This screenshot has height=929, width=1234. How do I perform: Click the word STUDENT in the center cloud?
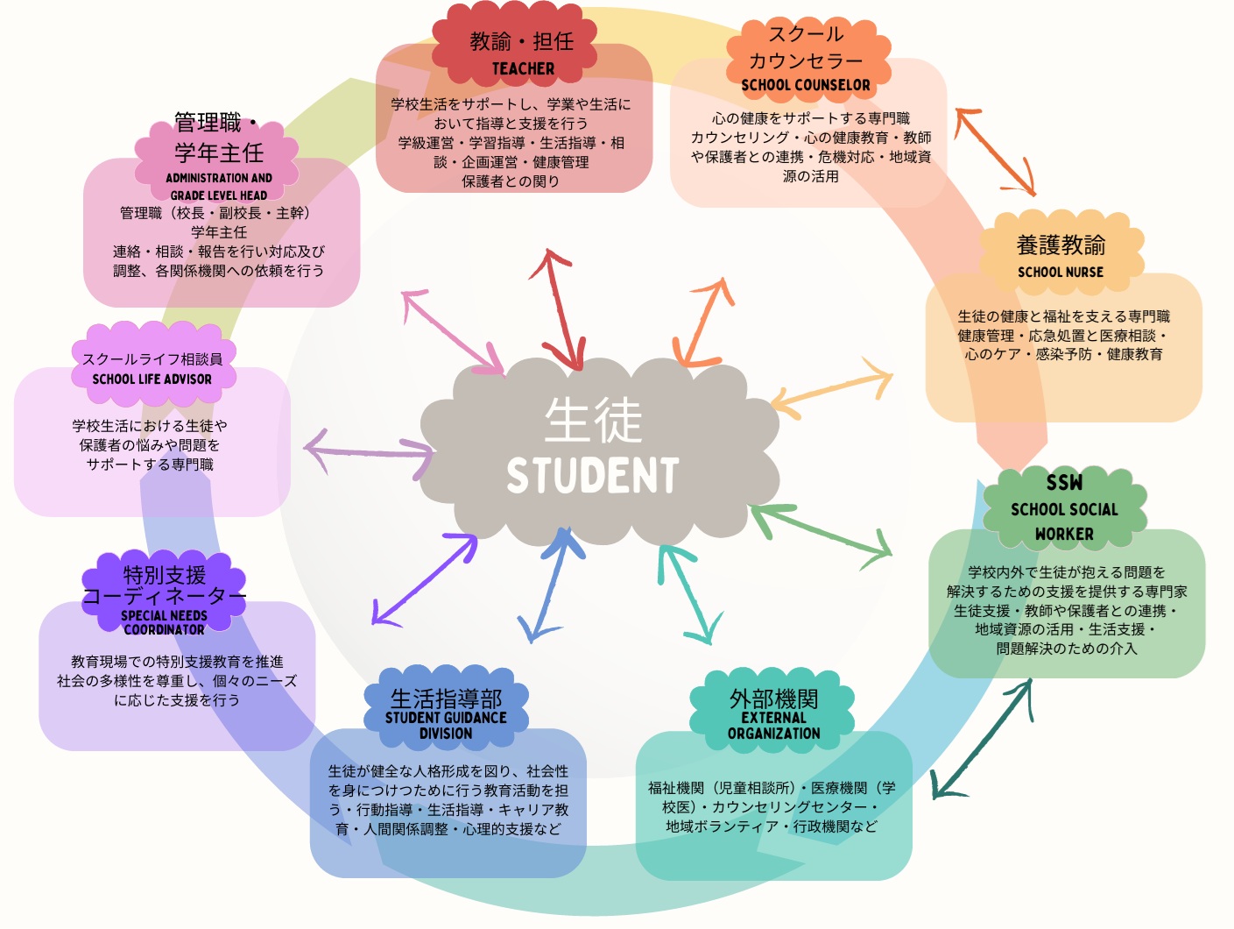point(593,476)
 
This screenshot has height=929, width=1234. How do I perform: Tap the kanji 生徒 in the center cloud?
point(593,421)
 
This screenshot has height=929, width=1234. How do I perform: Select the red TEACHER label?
point(523,68)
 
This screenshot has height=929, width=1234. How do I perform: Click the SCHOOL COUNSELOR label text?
point(806,85)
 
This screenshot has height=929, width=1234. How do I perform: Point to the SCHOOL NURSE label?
point(1060,273)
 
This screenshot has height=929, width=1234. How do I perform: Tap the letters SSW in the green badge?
point(1064,483)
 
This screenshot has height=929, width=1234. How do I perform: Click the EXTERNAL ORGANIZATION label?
point(773,726)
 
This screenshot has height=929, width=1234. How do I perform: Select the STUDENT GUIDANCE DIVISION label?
point(446,726)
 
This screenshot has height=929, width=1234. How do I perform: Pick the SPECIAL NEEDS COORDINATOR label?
point(164,622)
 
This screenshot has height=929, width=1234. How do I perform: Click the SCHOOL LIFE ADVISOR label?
point(152,379)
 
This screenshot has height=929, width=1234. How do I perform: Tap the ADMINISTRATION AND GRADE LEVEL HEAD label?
point(219,187)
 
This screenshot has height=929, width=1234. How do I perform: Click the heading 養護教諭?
point(1061,245)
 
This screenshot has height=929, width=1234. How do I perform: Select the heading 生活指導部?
point(446,699)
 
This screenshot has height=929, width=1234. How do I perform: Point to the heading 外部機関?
point(773,699)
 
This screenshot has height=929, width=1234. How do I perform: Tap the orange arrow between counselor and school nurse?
point(996,151)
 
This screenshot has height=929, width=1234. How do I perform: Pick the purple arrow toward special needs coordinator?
point(426,578)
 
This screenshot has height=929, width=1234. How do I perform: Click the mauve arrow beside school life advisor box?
point(369,450)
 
